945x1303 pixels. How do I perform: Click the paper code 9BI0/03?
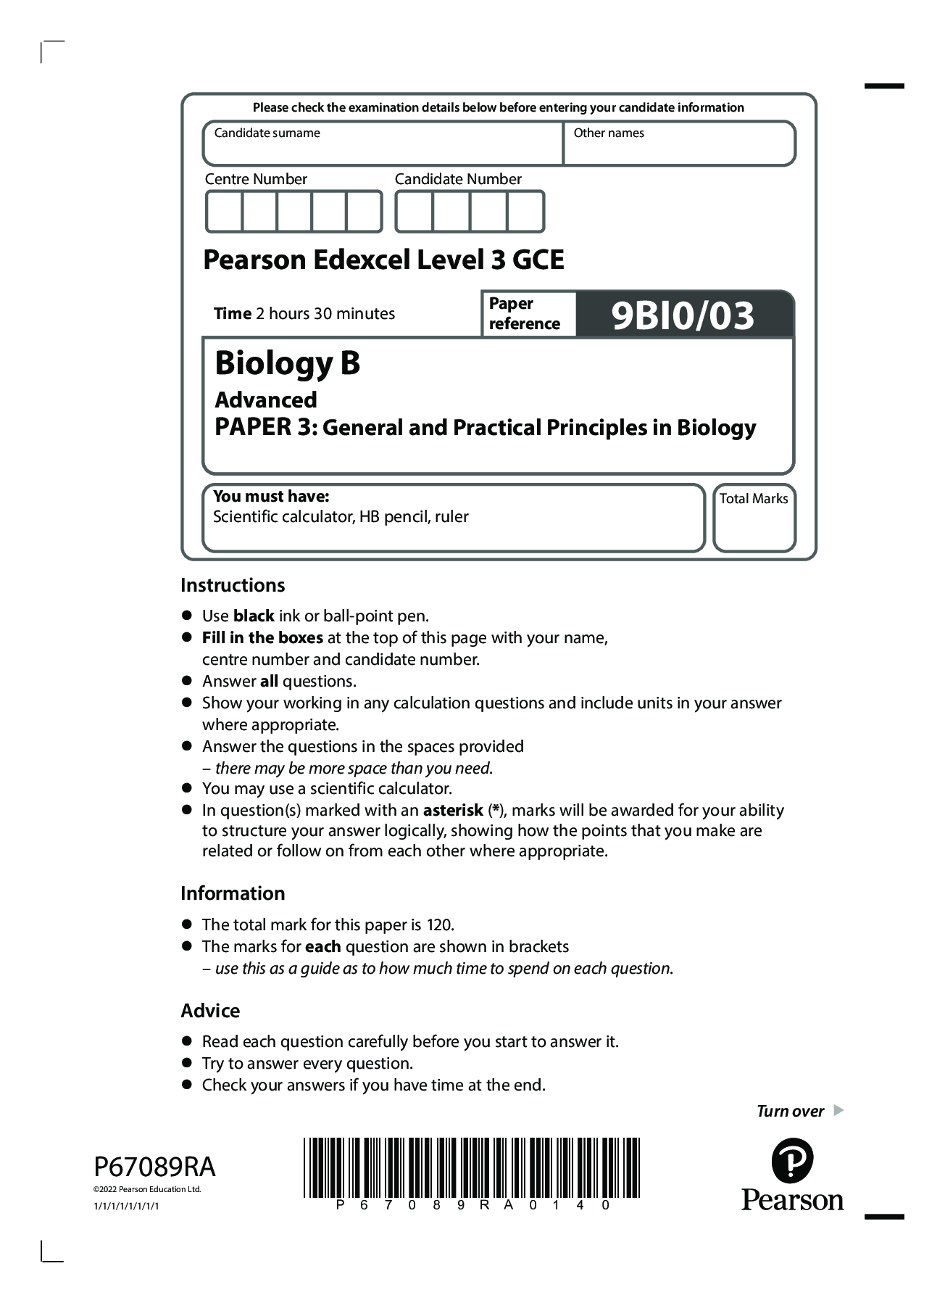683,315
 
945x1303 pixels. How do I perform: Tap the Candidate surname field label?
267,133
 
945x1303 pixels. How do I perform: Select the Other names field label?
609,133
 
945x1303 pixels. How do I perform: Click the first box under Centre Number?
224,212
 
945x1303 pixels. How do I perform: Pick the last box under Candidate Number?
525,212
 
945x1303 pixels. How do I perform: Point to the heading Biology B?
288,363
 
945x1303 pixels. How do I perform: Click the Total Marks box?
754,525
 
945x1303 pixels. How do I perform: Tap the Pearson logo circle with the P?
792,1160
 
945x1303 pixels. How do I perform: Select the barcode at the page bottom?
471,1167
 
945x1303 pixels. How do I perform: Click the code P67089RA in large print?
154,1167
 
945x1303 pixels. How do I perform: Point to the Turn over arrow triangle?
838,1110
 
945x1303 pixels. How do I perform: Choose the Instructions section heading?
233,585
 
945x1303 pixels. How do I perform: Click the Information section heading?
233,893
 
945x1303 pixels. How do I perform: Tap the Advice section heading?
210,1011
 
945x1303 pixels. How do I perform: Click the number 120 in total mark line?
439,925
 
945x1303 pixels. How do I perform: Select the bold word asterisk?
453,810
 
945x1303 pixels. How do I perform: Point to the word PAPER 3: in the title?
266,427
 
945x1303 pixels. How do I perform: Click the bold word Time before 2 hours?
232,313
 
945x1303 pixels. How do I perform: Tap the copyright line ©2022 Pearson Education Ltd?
147,1189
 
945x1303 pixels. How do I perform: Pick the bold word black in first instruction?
254,616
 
